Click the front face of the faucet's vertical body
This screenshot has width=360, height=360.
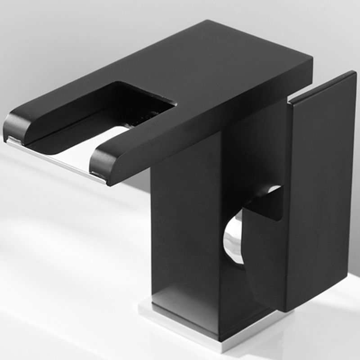(x=184, y=234)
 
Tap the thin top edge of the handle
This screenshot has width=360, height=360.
(x=322, y=85)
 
